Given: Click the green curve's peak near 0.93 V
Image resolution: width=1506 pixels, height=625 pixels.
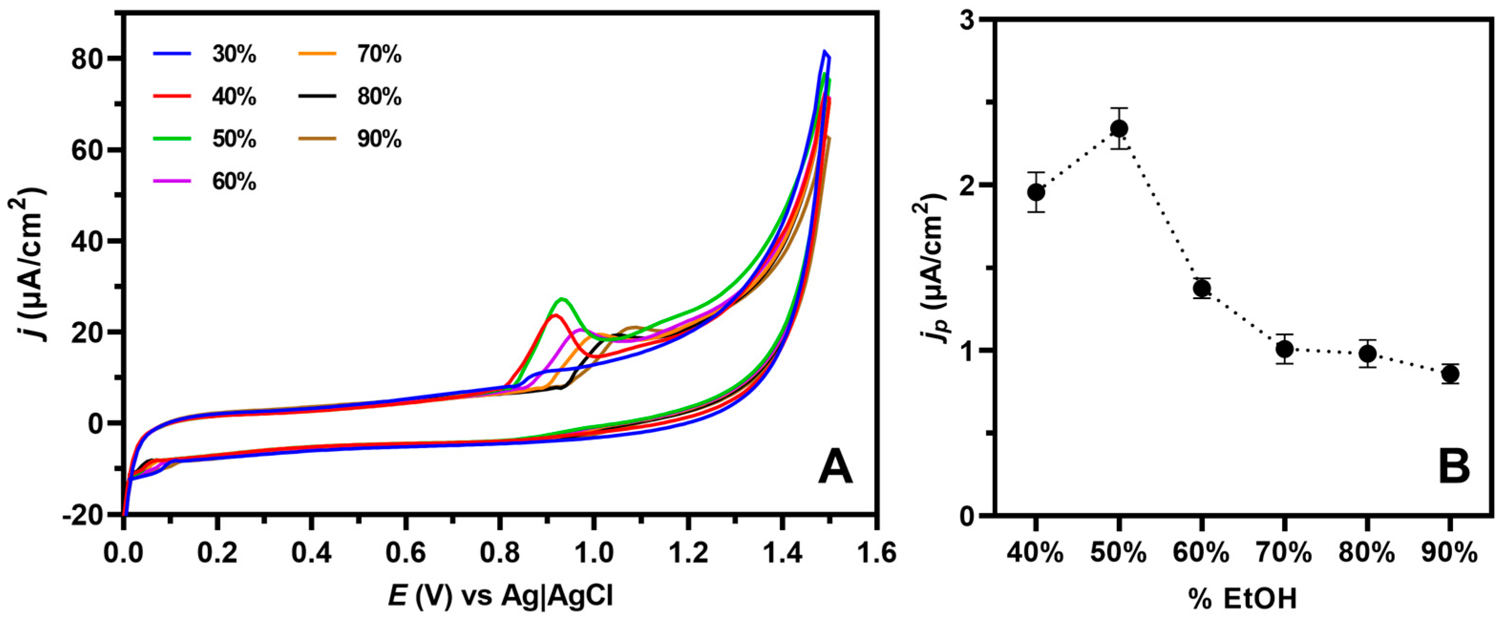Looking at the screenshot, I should (561, 299).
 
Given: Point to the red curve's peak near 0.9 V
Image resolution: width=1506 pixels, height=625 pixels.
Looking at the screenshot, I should (554, 315).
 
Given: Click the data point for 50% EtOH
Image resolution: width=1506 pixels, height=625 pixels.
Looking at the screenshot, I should (1119, 128).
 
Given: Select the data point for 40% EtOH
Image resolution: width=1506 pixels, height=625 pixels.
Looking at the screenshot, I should (1036, 192).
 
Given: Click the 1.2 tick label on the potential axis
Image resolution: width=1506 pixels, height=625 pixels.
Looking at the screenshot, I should (688, 552).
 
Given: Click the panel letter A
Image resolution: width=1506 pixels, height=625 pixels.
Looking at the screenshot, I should (835, 469).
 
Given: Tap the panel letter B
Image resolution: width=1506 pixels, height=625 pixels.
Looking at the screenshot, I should (1454, 469).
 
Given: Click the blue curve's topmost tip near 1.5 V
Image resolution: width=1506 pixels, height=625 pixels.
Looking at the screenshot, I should (824, 52).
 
